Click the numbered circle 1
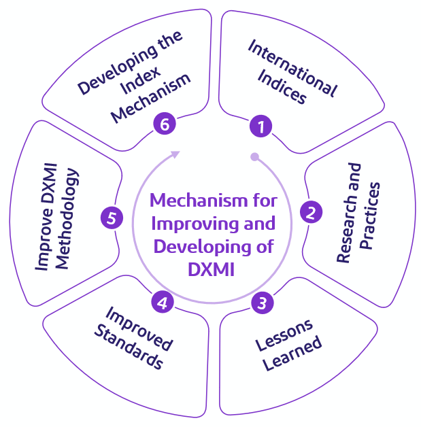pyautogui.click(x=260, y=126)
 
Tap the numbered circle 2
pyautogui.click(x=310, y=213)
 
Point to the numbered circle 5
pyautogui.click(x=112, y=218)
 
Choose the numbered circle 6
pyautogui.click(x=164, y=124)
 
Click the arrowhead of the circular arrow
pyautogui.click(x=175, y=154)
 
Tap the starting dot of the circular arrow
pyautogui.click(x=254, y=157)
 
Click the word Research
pyautogui.click(x=349, y=222)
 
